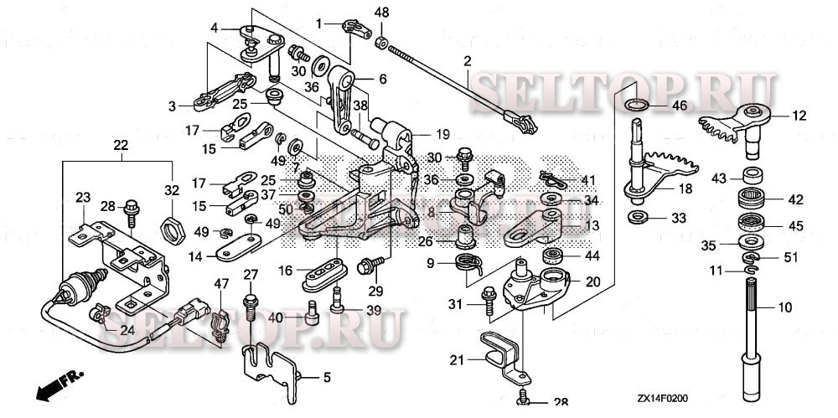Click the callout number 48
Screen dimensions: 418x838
coord(381,12)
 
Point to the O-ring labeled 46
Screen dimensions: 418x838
coord(636,105)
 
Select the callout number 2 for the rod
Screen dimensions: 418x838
coord(467,60)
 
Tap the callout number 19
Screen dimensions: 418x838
coord(442,134)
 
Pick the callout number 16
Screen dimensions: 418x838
coord(286,270)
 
